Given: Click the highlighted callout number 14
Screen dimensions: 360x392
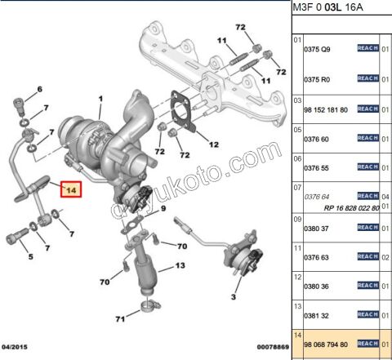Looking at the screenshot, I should coord(71,190).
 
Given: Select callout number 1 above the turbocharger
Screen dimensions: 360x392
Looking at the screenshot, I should coord(100,101).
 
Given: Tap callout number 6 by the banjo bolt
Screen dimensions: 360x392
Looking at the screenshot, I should coord(38,89).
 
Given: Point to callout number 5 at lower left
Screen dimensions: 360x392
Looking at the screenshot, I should coord(31,256).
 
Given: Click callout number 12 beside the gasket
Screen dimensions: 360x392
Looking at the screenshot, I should coord(213,145).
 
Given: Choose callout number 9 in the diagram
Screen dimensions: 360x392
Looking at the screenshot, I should coord(163,210).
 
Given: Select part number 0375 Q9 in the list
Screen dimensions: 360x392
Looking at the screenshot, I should coord(318,49).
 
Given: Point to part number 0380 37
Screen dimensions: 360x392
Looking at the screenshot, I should coord(318,229).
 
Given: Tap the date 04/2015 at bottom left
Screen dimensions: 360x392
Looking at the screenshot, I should coord(19,347).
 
